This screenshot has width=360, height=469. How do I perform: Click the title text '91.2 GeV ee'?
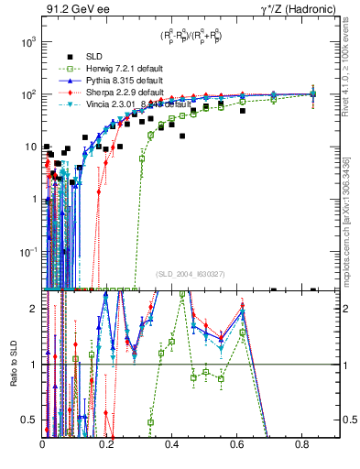(x=71, y=9)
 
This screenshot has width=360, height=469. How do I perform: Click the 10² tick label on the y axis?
(x=29, y=94)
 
